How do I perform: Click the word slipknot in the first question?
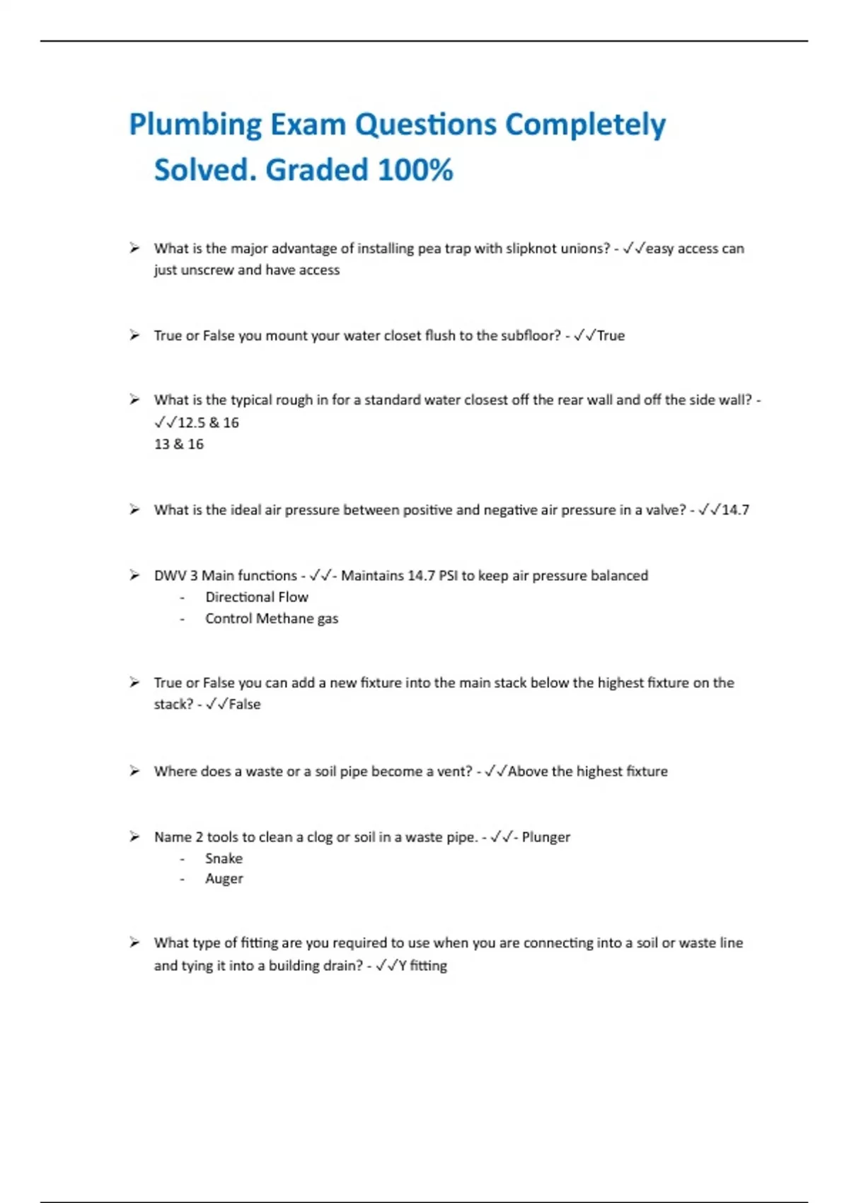pos(531,248)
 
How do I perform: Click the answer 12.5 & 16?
pos(208,422)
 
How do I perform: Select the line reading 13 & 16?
pos(179,444)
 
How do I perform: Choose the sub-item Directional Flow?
pos(257,597)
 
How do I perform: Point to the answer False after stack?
pos(245,705)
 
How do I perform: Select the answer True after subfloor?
pos(611,335)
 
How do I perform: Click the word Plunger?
pos(545,837)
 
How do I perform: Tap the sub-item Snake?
pos(224,858)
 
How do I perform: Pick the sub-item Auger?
pos(224,879)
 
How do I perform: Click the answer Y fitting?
pos(422,966)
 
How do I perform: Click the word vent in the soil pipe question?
pos(454,771)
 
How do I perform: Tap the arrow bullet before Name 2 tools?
pos(134,837)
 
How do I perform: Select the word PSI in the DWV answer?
pos(448,575)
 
